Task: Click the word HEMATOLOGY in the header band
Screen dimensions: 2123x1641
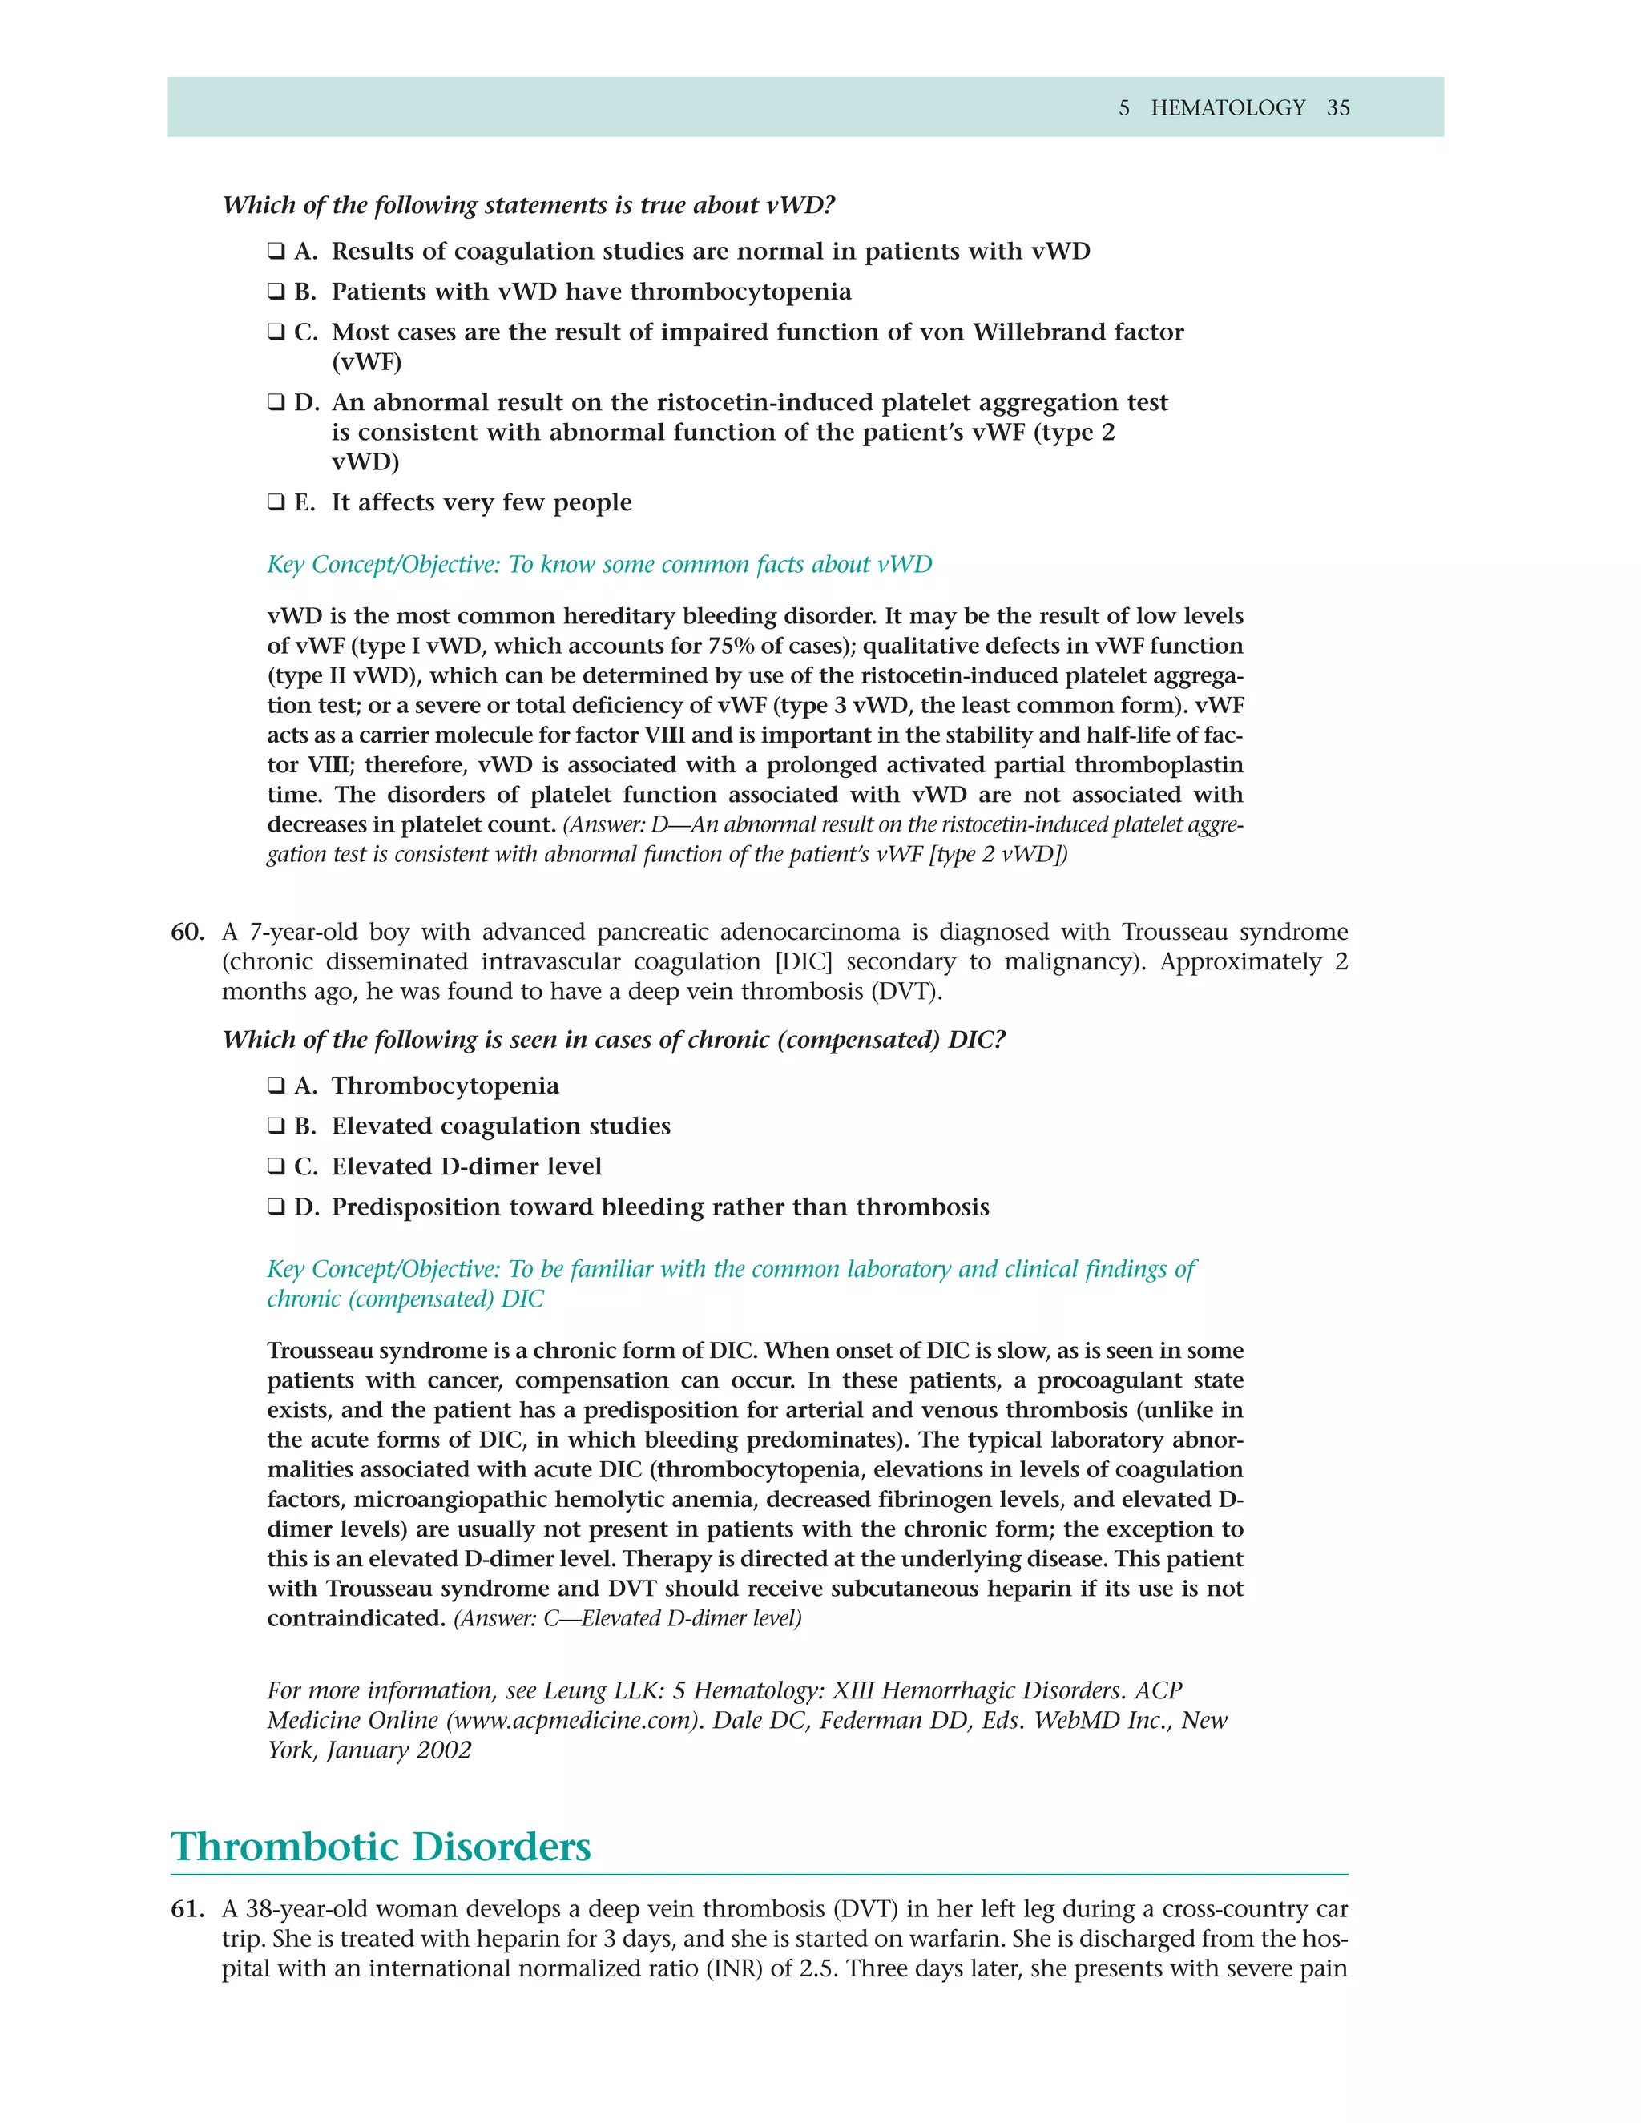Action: coord(1228,108)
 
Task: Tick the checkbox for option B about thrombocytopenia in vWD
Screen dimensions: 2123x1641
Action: coord(276,292)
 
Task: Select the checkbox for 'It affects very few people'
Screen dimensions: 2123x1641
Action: coord(276,502)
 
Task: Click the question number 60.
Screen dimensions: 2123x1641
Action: coord(187,933)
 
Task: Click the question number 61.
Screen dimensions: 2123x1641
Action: coord(187,1909)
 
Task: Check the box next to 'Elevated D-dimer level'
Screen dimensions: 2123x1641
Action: coord(276,1166)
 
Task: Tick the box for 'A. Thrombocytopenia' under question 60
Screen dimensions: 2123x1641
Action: coord(276,1086)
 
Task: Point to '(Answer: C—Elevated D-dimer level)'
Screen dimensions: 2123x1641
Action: coord(627,1618)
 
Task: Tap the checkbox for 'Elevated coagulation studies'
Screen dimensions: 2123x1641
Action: coord(276,1126)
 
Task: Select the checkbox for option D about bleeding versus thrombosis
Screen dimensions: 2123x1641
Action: coord(276,1207)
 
